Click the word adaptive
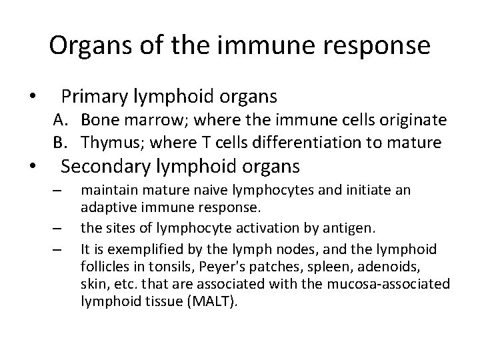tap(103, 205)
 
